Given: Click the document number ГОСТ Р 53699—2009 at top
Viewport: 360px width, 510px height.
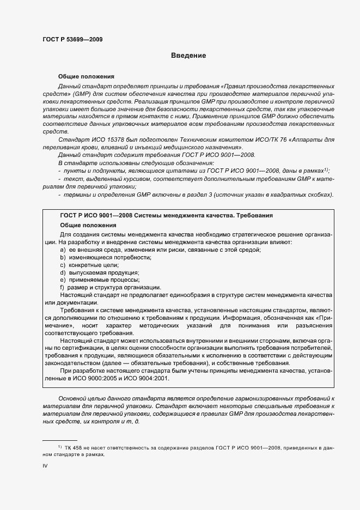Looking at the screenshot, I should (x=72, y=39).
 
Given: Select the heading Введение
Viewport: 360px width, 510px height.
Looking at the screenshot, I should (x=188, y=55).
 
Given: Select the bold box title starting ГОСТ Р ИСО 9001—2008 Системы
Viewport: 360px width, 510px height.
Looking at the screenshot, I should (x=166, y=216).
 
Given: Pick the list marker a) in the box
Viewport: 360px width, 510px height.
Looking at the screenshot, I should (x=63, y=249).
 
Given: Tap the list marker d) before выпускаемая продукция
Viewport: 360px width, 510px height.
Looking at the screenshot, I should (x=63, y=272).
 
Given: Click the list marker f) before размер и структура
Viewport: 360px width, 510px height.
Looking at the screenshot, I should (x=63, y=287).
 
